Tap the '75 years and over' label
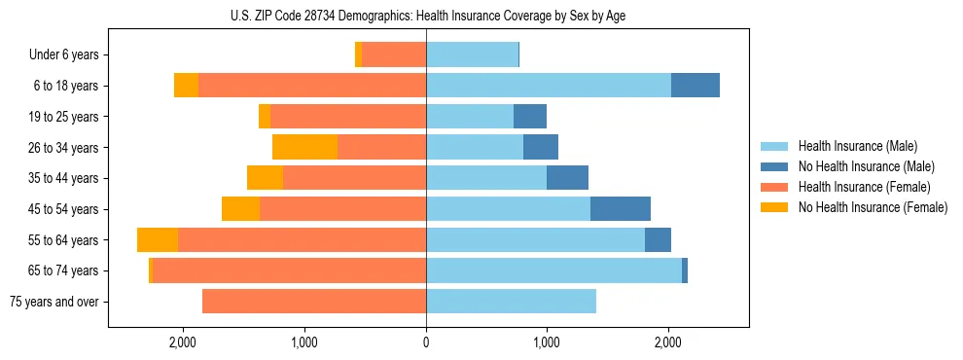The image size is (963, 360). pyautogui.click(x=54, y=302)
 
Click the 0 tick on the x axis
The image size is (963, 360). pyautogui.click(x=426, y=342)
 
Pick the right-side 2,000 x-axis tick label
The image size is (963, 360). pyautogui.click(x=667, y=342)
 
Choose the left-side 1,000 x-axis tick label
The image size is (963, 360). pyautogui.click(x=304, y=342)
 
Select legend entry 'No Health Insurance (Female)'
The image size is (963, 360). pyautogui.click(x=873, y=207)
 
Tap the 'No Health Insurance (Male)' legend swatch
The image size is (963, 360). pyautogui.click(x=775, y=166)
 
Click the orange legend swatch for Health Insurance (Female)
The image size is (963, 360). pyautogui.click(x=775, y=187)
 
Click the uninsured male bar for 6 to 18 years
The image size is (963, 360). pyautogui.click(x=695, y=86)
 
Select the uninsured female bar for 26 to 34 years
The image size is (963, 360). pyautogui.click(x=304, y=147)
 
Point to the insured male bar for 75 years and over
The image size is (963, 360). pyautogui.click(x=511, y=302)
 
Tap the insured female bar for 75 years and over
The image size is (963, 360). pyautogui.click(x=314, y=302)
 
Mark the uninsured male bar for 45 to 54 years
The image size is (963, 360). pyautogui.click(x=620, y=209)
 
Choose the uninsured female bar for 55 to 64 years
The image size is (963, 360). pyautogui.click(x=158, y=239)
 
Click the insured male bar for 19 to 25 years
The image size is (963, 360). pyautogui.click(x=470, y=117)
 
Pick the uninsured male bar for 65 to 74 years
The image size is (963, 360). pyautogui.click(x=685, y=270)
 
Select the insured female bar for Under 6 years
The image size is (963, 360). pyautogui.click(x=394, y=55)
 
